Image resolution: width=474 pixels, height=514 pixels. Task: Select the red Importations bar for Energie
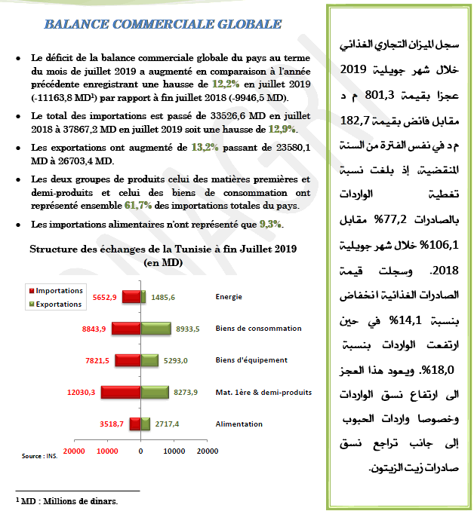pyautogui.click(x=131, y=297)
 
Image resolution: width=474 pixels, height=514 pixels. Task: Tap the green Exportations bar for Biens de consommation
pyautogui.click(x=155, y=328)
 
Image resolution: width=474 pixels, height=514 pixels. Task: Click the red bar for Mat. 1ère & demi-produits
pyautogui.click(x=121, y=392)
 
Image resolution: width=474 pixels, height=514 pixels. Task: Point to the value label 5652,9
pyautogui.click(x=104, y=297)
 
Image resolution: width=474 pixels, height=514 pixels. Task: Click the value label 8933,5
pyautogui.click(x=187, y=329)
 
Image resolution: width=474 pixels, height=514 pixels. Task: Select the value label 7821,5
pyautogui.click(x=95, y=360)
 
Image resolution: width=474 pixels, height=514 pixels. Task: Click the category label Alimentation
pyautogui.click(x=239, y=424)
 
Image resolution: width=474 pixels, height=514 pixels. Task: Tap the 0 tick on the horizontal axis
pyautogui.click(x=141, y=450)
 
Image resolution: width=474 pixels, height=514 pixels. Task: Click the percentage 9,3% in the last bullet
pyautogui.click(x=270, y=224)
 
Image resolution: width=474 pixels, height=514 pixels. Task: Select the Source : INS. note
pyautogui.click(x=39, y=455)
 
